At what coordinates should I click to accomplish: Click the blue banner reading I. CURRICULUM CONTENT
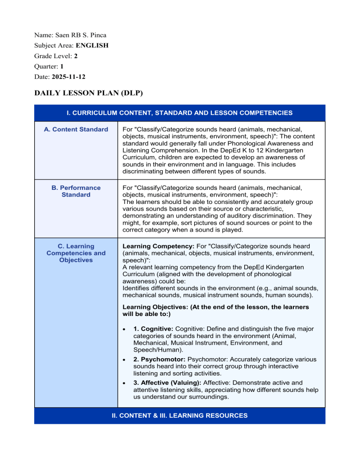[x=180, y=113]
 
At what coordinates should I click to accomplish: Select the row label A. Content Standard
[x=76, y=129]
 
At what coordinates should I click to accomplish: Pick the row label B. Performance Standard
[x=76, y=191]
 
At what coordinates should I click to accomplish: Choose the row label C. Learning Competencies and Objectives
[x=76, y=253]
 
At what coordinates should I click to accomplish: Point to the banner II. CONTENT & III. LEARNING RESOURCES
[x=180, y=416]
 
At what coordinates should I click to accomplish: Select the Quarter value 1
[x=62, y=66]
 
